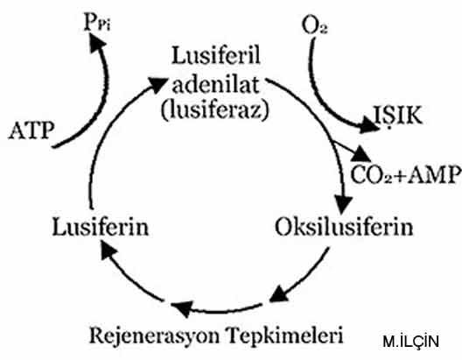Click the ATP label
[31, 131]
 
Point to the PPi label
[97, 23]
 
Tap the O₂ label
[314, 25]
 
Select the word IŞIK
[398, 116]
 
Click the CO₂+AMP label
[405, 175]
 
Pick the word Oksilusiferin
[344, 227]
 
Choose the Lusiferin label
[101, 227]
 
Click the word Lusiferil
[216, 55]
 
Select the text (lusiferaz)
[215, 110]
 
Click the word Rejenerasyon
[154, 335]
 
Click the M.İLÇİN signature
[410, 341]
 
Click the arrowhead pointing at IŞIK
[369, 125]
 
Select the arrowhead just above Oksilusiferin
[342, 204]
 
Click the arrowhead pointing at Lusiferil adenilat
[157, 84]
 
